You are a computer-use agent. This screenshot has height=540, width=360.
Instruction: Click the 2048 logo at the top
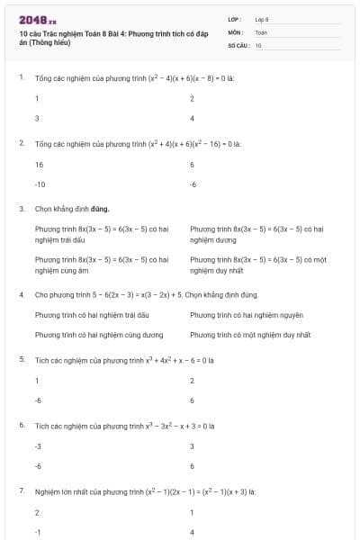pos(37,19)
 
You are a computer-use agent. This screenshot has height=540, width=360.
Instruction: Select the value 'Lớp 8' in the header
pos(262,19)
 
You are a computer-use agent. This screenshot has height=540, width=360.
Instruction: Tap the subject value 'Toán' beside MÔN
pos(261,31)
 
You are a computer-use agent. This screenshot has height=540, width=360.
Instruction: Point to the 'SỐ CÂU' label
pos(237,44)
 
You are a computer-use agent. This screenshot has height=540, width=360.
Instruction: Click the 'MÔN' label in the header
pos(236,31)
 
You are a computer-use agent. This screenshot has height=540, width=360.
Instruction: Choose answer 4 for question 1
pos(193,118)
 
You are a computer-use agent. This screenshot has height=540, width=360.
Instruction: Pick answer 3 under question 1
pos(37,118)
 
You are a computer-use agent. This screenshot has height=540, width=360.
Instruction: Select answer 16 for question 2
pos(40,165)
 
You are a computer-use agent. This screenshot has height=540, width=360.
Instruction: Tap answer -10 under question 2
pos(40,184)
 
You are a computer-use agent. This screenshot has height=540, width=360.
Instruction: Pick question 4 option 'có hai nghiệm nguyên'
pos(246,315)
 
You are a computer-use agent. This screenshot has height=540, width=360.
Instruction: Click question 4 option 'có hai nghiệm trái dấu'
pos(91,315)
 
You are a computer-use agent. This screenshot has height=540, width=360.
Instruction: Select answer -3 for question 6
pos(39,446)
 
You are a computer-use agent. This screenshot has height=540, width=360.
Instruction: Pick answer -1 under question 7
pos(38,532)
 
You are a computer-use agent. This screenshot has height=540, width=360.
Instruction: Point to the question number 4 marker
pos(21,294)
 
